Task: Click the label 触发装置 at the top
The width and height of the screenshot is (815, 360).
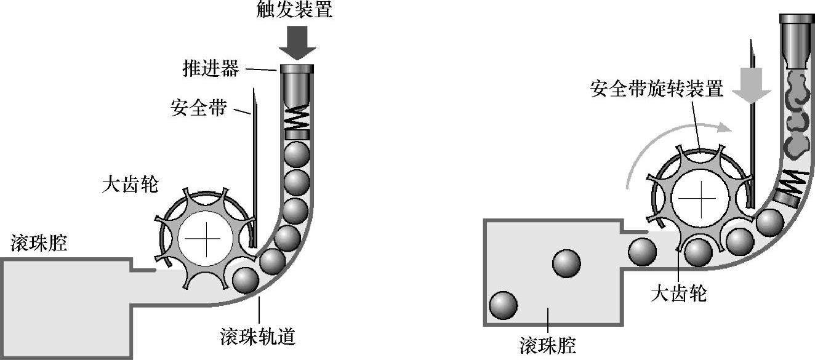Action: pos(295,10)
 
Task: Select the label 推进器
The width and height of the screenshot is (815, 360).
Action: pos(211,68)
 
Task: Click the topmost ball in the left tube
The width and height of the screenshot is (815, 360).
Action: pos(296,153)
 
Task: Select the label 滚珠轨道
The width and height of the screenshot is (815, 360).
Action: pos(258,337)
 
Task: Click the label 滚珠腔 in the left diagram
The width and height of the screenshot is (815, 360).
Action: pos(39,244)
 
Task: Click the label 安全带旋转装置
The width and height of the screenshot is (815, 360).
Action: pos(656,89)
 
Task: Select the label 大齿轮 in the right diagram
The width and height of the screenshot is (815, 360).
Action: pos(678,294)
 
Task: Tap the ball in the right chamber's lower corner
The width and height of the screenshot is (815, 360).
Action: pos(503,305)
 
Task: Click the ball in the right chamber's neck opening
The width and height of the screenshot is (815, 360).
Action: pos(643,251)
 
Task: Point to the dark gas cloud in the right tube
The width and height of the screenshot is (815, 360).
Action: pos(797,117)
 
